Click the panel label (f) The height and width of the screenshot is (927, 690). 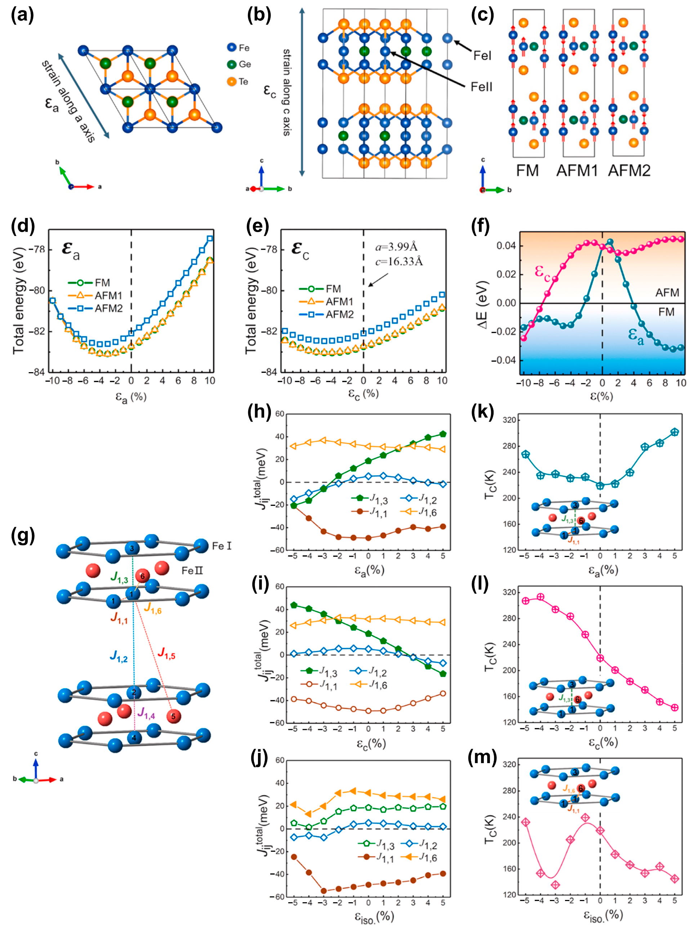pos(482,226)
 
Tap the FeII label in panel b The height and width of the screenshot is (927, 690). pos(481,87)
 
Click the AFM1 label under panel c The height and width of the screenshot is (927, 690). pos(577,171)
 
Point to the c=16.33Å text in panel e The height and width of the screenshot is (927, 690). pos(399,262)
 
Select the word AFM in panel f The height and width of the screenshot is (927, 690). pos(667,293)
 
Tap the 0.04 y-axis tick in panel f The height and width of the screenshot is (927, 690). pos(506,245)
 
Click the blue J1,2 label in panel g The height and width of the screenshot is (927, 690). pos(119,656)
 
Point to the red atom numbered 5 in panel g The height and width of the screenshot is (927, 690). pos(173,717)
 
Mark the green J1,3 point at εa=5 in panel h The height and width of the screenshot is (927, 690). pos(443,434)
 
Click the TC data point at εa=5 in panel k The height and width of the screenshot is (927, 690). pos(674,432)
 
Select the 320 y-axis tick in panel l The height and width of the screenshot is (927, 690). pos(510,592)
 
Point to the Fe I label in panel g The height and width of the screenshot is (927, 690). pos(221,546)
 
